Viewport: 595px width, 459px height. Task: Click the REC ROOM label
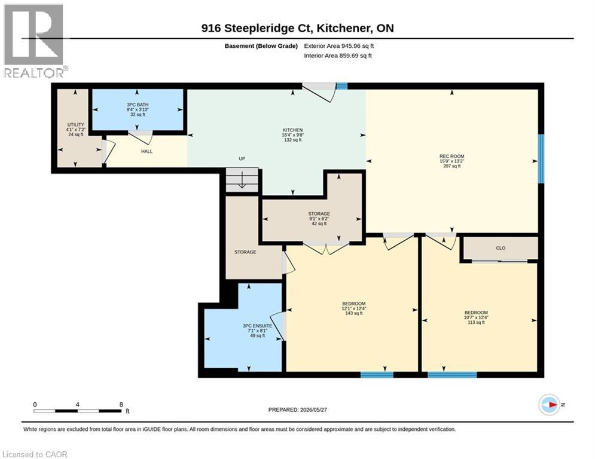tap(451, 156)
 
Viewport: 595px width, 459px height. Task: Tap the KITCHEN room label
tap(292, 130)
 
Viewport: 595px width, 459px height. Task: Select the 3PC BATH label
tap(138, 105)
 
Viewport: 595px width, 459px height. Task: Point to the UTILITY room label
tap(75, 125)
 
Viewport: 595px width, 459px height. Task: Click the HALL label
tap(147, 151)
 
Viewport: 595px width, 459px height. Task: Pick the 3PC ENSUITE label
tap(257, 326)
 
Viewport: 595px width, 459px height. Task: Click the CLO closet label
tap(501, 248)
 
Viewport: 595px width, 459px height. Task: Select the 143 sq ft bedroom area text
tap(353, 313)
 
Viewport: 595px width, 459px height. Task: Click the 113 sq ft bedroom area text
tap(476, 323)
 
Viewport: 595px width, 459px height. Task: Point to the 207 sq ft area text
tap(451, 166)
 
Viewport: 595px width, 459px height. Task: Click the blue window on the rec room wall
tap(542, 158)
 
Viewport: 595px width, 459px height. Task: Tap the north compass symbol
tap(550, 405)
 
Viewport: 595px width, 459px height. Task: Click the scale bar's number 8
tap(121, 405)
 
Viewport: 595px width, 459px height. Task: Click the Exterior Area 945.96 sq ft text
tap(339, 46)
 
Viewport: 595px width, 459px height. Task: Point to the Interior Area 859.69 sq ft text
tap(338, 56)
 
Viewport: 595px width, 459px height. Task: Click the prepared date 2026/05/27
tap(313, 409)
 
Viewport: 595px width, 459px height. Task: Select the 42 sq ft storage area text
tap(319, 224)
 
